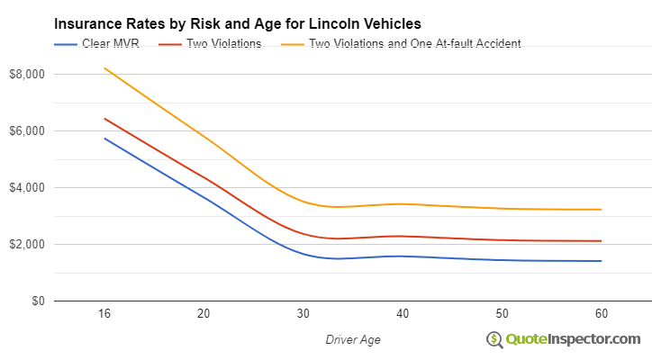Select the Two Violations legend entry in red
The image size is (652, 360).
[x=222, y=43]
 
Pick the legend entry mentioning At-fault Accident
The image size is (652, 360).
[x=414, y=43]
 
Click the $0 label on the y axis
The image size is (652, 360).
[x=36, y=301]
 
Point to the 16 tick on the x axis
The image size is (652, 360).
[x=104, y=313]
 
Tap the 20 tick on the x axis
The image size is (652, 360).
[x=204, y=313]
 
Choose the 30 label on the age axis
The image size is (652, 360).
[x=303, y=313]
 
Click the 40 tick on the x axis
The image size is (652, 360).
[x=403, y=313]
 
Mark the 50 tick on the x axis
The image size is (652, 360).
[x=502, y=313]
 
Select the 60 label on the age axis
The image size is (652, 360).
[x=602, y=313]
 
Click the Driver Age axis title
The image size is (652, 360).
[x=352, y=338]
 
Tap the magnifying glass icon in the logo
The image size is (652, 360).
[x=494, y=339]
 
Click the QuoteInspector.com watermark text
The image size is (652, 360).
[x=573, y=338]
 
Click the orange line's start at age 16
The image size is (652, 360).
[x=104, y=68]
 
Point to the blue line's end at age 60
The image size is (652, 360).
[x=602, y=261]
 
